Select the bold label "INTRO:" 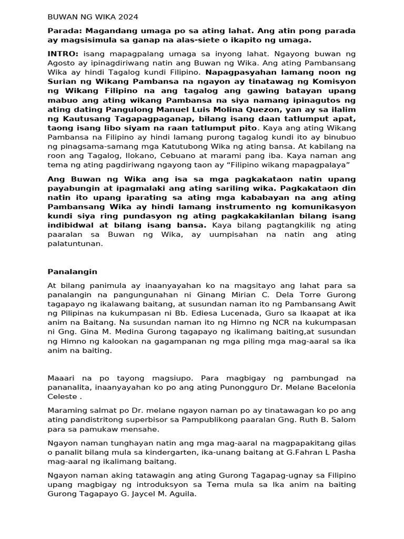[64, 54]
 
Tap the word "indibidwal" [69, 225]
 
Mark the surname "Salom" [344, 420]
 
